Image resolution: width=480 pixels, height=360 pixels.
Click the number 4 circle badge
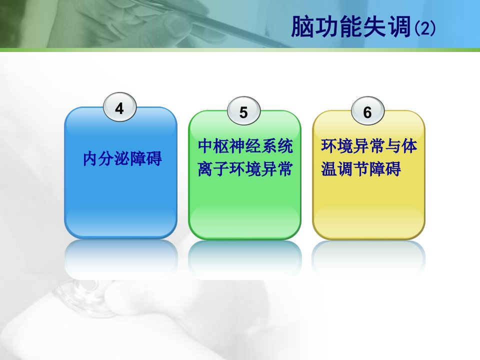119,107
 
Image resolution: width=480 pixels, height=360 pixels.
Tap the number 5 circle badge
243,111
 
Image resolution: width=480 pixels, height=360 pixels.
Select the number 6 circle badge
367,111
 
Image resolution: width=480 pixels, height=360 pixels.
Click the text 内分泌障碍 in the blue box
122,158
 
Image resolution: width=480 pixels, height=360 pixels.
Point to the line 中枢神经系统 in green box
245,145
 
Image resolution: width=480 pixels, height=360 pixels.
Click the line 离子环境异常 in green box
245,168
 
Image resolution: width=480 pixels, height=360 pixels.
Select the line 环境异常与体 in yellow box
369,145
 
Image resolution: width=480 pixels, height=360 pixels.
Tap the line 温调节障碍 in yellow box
361,168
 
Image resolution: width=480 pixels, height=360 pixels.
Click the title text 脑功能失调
351,26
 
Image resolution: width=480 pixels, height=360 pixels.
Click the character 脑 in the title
302,26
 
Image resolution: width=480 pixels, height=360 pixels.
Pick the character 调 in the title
399,26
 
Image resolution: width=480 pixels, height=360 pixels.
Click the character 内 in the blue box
90,158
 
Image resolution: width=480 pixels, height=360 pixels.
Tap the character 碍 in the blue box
154,158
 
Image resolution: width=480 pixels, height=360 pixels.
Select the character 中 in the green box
205,145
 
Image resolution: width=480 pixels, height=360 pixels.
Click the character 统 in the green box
285,145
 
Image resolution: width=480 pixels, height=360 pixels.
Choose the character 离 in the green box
205,168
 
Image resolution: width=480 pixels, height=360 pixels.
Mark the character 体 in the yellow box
409,145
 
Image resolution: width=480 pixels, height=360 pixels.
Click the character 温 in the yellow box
329,168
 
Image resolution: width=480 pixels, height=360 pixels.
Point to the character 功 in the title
326,26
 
